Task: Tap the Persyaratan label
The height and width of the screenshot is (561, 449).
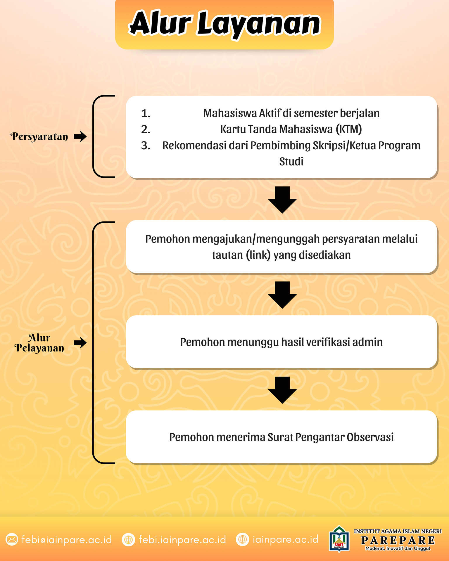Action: coord(39,137)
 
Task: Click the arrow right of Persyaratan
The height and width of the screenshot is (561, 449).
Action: coord(80,136)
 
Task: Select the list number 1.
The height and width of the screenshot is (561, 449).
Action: coord(146,113)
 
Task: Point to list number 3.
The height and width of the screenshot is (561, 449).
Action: coord(146,146)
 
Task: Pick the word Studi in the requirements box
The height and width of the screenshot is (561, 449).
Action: coord(291,162)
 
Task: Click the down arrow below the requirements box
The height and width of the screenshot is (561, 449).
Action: coord(282,200)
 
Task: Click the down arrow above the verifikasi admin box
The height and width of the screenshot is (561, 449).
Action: coord(282,295)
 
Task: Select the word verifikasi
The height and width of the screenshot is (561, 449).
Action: coord(328,342)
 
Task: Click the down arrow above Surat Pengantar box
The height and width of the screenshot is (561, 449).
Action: coord(282,390)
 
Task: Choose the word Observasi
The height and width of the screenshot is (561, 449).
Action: coord(370,437)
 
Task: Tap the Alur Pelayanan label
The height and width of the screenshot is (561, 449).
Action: coord(39,343)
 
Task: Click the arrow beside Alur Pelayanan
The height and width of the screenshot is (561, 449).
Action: coord(80,343)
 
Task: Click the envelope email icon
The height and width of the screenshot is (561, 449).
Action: coord(12,539)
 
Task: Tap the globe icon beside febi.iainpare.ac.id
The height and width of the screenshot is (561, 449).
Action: coord(129,539)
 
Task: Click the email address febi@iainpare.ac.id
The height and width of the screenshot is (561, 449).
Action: coord(67,539)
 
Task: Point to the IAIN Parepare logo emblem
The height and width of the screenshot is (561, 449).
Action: coord(339,539)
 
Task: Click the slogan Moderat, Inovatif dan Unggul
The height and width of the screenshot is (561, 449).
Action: coord(398,548)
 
